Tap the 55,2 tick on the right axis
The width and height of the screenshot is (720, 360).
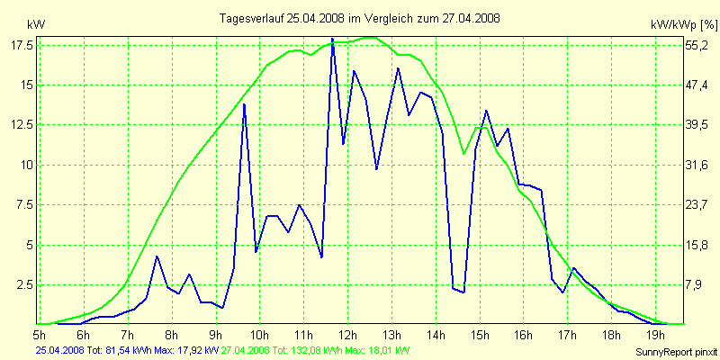[698, 44]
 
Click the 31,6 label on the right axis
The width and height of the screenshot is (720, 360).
[698, 165]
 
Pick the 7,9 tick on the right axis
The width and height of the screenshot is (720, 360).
[698, 284]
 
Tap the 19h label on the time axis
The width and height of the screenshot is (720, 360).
[654, 334]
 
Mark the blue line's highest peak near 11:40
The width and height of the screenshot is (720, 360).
[332, 39]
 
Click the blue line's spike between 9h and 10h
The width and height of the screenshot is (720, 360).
[244, 104]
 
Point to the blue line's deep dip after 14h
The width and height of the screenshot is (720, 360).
[463, 292]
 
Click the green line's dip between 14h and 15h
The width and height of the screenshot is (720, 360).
[463, 154]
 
